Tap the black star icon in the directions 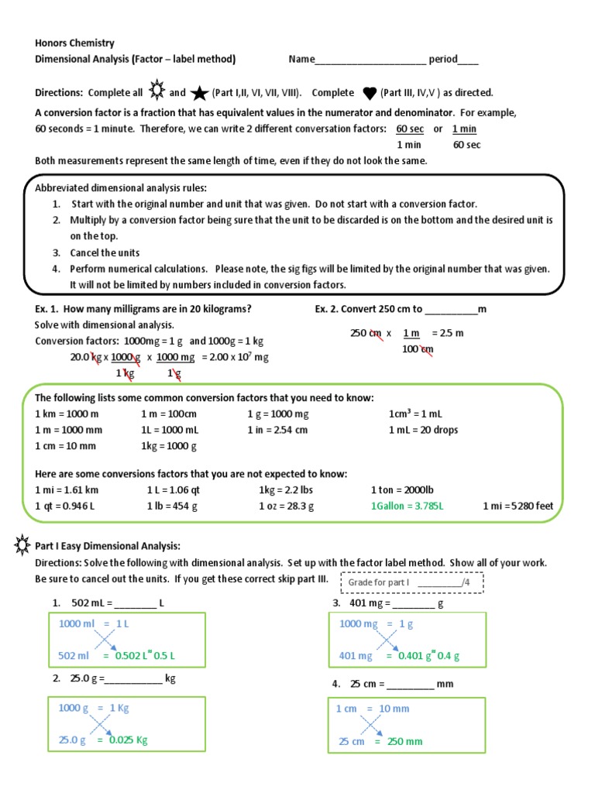(199, 93)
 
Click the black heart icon (369, 93)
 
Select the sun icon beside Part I (22, 546)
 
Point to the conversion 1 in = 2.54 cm (277, 430)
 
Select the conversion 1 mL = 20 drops (423, 430)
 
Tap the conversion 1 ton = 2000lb (408, 490)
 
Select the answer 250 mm (404, 741)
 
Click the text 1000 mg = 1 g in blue (377, 623)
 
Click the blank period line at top (468, 60)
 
